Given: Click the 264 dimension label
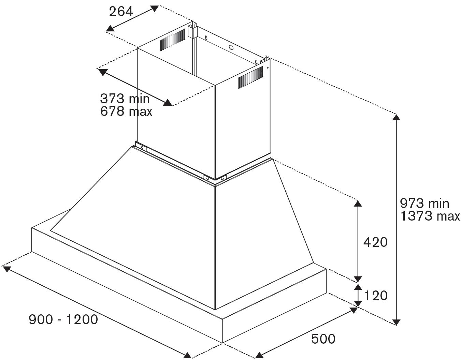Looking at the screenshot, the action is coord(120,12).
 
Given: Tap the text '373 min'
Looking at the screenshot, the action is coord(125,99).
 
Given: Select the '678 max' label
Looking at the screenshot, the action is coord(126,111).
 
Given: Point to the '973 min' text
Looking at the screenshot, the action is coord(424,204).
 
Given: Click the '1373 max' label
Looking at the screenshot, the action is coord(430,216).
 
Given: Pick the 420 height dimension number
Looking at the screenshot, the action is coord(375,242).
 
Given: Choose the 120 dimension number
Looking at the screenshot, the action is coord(376,296).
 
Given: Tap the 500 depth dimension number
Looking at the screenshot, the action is coord(323,339).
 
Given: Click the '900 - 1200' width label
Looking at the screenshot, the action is coord(63,320).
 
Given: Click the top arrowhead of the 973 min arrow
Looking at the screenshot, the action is coord(396,117).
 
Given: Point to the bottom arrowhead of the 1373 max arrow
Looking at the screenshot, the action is coord(396,322).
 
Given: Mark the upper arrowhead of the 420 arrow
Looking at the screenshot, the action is coord(358,204).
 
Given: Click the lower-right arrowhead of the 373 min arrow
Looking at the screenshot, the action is coord(168,103).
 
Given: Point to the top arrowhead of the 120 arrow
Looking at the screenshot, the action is coord(358,287).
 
